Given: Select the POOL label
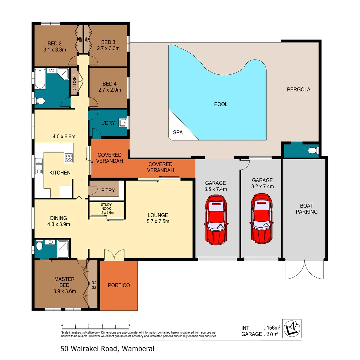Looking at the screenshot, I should click(221, 104).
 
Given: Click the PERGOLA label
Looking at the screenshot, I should click(299, 89).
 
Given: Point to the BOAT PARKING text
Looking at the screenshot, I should click(306, 209).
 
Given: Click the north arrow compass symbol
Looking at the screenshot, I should click(292, 328).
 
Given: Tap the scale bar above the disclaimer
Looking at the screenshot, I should click(95, 326).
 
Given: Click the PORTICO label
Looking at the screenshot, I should click(119, 285).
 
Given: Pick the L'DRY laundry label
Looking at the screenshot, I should click(108, 123).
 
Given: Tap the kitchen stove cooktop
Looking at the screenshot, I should click(68, 157).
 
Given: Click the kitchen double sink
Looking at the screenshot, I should click(39, 165).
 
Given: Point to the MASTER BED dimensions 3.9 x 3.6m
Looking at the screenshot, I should click(64, 291).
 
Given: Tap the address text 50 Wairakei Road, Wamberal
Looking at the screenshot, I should click(107, 349).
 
